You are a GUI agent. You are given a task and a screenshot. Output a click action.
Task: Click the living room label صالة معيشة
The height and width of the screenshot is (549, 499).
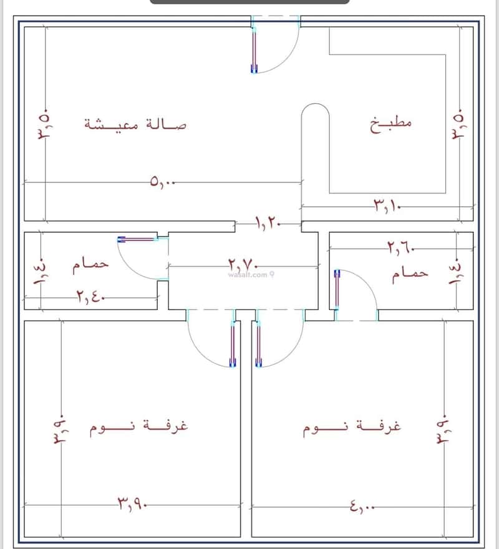point(135,124)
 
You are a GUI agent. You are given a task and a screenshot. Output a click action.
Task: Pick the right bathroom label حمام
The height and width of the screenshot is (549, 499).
point(410,274)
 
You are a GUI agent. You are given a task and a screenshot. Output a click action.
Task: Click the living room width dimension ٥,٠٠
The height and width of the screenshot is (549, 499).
point(163,182)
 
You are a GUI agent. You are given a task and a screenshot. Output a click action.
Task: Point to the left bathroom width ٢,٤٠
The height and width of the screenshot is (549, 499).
point(92,296)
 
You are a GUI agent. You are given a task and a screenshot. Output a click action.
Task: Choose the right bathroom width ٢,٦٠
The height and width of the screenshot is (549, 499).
point(400,249)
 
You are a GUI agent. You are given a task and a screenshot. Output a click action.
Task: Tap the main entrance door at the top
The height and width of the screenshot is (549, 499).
point(254,50)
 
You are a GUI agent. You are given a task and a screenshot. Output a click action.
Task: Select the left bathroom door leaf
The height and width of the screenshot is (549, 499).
point(137,239)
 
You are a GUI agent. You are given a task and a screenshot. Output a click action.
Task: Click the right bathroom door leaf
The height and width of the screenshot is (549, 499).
point(337,290)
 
